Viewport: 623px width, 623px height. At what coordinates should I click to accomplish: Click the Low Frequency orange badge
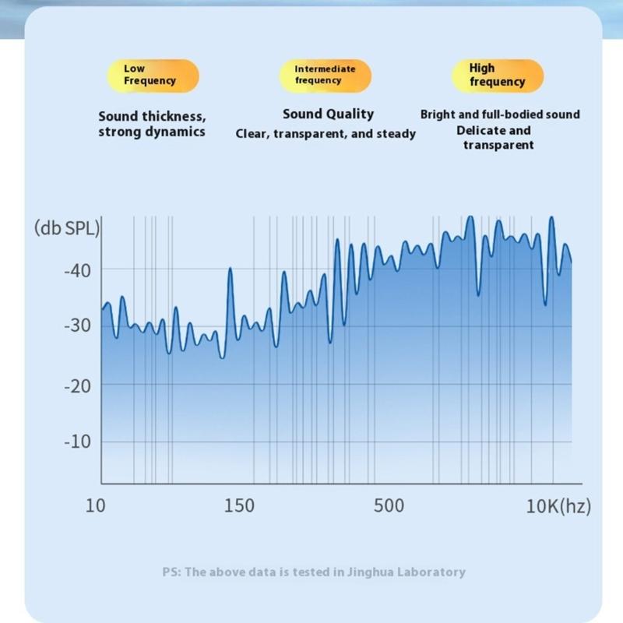pyautogui.click(x=153, y=76)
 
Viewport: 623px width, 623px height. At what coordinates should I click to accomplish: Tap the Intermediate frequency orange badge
pyautogui.click(x=325, y=76)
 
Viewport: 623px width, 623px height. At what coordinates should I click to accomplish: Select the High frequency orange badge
pyautogui.click(x=497, y=76)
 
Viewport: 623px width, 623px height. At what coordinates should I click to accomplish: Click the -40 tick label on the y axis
pyautogui.click(x=77, y=270)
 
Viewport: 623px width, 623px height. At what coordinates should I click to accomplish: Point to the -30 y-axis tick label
pyautogui.click(x=77, y=326)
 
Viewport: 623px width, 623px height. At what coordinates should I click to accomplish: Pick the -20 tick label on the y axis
pyautogui.click(x=77, y=385)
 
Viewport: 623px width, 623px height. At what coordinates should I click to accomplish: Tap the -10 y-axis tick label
pyautogui.click(x=77, y=442)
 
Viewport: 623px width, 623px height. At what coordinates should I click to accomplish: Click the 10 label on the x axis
pyautogui.click(x=95, y=506)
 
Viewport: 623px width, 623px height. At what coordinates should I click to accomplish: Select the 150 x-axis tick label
pyautogui.click(x=238, y=506)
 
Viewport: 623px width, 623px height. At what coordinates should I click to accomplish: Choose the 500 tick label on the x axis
pyautogui.click(x=389, y=506)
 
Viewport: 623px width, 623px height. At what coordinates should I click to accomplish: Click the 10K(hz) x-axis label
pyautogui.click(x=558, y=506)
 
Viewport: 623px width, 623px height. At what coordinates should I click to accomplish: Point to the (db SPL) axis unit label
pyautogui.click(x=67, y=229)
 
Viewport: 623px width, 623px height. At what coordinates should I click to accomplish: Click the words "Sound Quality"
pyautogui.click(x=328, y=114)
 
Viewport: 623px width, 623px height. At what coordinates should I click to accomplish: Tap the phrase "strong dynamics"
pyautogui.click(x=152, y=132)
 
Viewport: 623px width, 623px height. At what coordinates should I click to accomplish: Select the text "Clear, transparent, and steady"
pyautogui.click(x=326, y=134)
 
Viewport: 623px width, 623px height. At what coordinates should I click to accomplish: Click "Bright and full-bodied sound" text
pyautogui.click(x=500, y=114)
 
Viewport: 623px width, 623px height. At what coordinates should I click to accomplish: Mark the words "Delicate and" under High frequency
pyautogui.click(x=494, y=130)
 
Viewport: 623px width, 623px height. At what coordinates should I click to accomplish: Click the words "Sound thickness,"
pyautogui.click(x=152, y=116)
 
